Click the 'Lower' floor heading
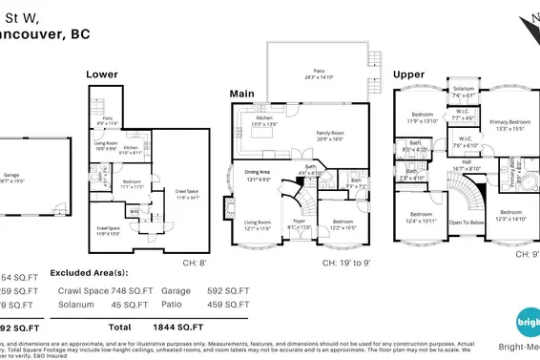(102, 74)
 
